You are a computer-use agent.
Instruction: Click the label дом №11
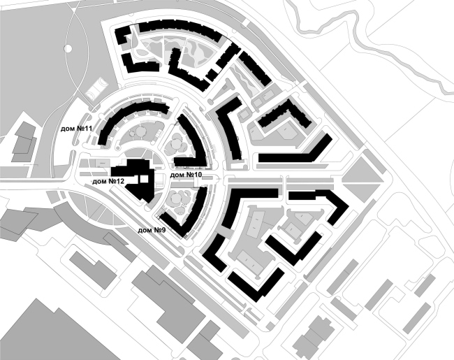[x=76, y=129]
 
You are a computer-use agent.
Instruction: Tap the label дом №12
[x=108, y=182]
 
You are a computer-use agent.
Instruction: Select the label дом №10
[x=186, y=175]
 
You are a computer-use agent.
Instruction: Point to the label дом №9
[x=152, y=230]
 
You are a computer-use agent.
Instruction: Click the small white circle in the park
[x=68, y=48]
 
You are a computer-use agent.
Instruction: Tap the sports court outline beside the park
[x=97, y=87]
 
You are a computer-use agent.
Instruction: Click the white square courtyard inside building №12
[x=144, y=179]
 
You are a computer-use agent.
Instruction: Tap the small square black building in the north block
[x=212, y=75]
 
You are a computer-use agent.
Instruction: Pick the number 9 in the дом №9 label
[x=163, y=230]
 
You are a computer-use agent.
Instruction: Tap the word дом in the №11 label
[x=68, y=129]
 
